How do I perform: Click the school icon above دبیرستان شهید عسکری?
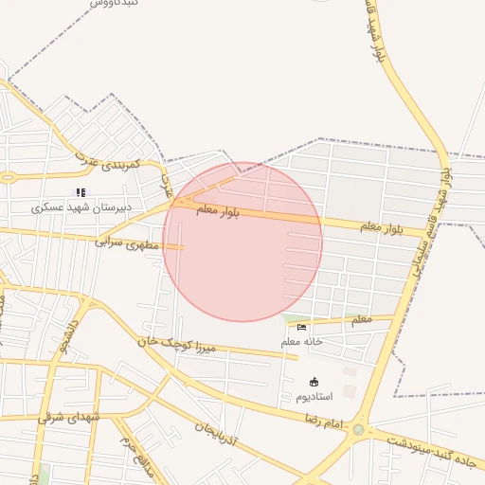80,192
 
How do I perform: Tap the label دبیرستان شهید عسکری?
81,207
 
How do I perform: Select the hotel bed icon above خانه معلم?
301,327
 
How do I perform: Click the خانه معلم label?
302,341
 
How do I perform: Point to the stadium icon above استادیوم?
314,382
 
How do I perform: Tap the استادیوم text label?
314,396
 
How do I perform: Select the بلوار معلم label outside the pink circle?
383,227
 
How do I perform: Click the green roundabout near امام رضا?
358,431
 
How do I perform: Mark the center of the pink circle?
242,242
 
